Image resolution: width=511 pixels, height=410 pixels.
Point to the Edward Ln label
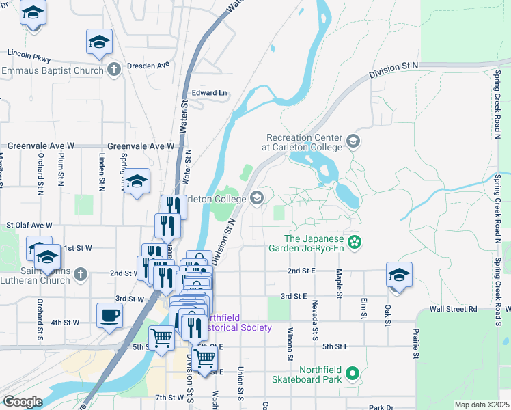click(209, 92)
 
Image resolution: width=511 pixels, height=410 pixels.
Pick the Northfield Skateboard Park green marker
click(353, 373)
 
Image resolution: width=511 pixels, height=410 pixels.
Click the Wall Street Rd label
click(453, 309)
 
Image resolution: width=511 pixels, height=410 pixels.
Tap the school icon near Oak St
click(399, 275)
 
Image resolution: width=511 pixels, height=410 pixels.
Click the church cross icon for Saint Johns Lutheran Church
click(81, 274)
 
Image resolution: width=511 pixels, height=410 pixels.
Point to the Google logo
click(23, 402)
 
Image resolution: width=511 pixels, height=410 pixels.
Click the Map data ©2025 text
click(481, 405)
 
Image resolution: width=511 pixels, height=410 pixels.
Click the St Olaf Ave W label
click(29, 225)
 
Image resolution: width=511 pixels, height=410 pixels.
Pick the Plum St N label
click(61, 167)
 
